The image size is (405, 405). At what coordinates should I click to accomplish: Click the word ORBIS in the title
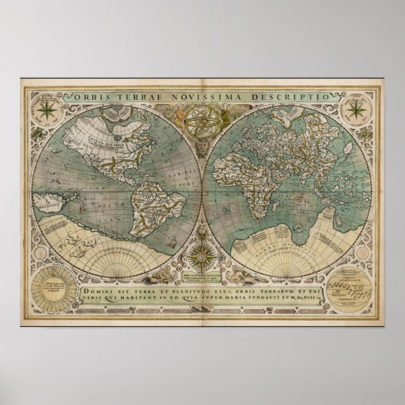(94, 96)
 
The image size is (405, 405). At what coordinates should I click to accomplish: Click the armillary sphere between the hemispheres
(203, 123)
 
